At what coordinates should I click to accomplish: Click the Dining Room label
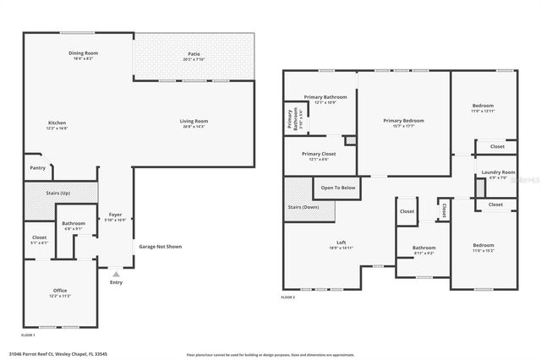84,53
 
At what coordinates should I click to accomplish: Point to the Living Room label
194,121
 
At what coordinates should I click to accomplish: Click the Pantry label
37,167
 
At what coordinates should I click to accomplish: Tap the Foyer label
116,215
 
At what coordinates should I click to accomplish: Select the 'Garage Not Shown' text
160,247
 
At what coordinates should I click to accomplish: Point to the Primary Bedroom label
402,121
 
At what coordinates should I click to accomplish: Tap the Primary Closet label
319,154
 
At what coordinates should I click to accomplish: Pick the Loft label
341,243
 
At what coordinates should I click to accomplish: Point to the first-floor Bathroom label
74,224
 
